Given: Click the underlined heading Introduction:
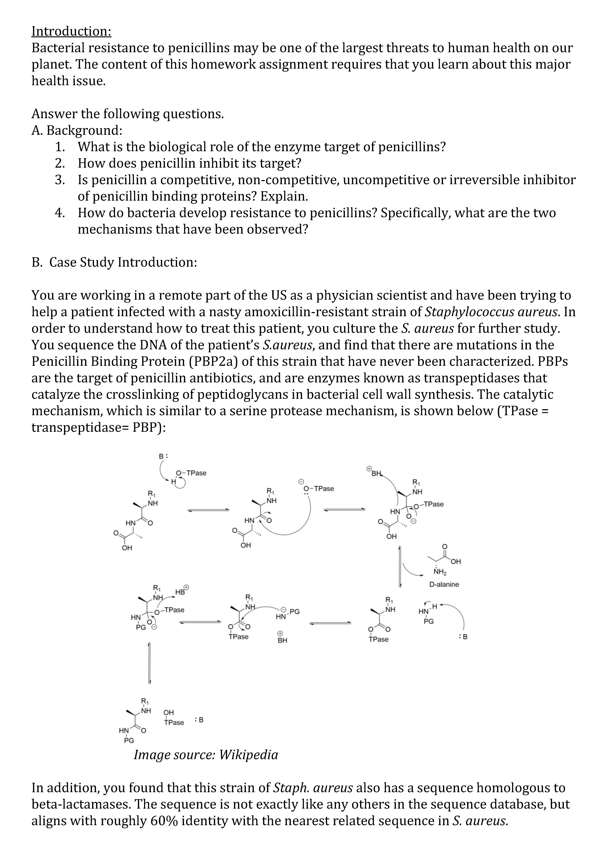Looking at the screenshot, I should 71,31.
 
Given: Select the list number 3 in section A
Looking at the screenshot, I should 60,180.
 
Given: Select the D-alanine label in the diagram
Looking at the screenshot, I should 444,584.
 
